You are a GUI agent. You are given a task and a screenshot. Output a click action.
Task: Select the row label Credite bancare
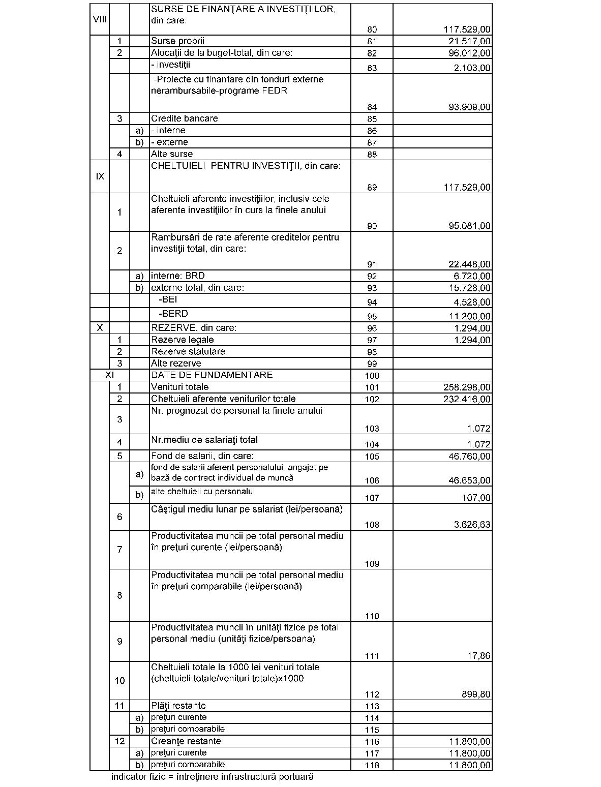(184, 118)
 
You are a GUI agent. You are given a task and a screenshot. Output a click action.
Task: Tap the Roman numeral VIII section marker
(100, 19)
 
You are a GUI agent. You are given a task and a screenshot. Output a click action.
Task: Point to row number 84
(372, 107)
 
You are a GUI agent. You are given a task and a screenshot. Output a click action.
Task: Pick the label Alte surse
(171, 154)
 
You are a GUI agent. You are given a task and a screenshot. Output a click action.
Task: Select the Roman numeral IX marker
(100, 176)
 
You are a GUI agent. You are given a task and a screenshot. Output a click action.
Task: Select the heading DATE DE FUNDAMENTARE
(212, 375)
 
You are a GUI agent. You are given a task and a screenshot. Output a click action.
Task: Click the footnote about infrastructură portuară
(212, 777)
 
